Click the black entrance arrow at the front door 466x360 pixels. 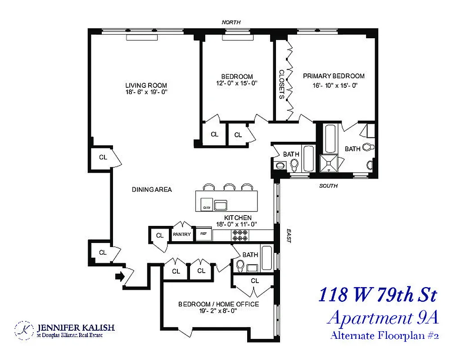point(120,276)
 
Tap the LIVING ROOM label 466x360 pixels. point(146,85)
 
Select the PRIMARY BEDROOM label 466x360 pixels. point(334,76)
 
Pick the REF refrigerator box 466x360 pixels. point(204,234)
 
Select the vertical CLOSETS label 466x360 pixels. point(281,84)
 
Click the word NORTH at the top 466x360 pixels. point(231,22)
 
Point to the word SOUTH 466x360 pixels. point(328,186)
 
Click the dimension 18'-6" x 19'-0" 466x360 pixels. point(146,92)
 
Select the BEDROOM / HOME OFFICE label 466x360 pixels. point(218,304)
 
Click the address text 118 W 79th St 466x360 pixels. point(377,295)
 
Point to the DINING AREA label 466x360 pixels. point(152,189)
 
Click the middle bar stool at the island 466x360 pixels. point(230,187)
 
